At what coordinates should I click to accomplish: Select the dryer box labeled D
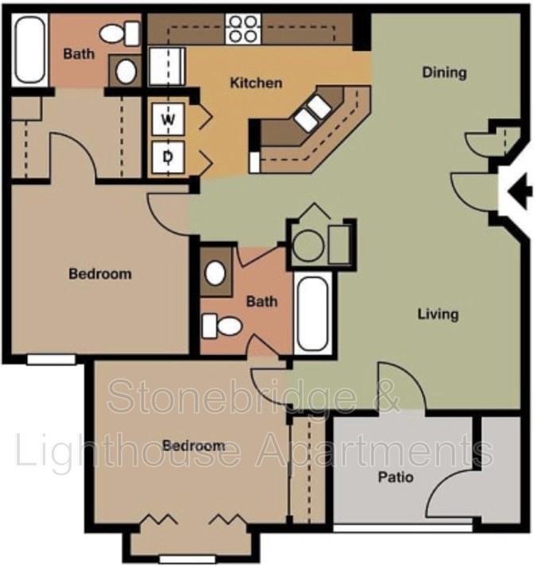[x=168, y=157]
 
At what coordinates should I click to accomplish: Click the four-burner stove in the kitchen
[x=243, y=29]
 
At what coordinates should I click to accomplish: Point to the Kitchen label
[x=256, y=83]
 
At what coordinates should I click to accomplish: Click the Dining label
[x=444, y=72]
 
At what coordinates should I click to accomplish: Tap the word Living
[x=438, y=314]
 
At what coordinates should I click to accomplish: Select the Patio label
[x=394, y=478]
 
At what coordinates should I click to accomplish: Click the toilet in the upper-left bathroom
[x=120, y=33]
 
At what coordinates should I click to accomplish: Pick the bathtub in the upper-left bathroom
[x=29, y=50]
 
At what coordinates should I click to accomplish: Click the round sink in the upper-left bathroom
[x=126, y=71]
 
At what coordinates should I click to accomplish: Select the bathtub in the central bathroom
[x=313, y=314]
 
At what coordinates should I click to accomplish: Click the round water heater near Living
[x=308, y=245]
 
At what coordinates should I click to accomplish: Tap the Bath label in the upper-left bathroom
[x=79, y=54]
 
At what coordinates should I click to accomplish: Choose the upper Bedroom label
[x=100, y=274]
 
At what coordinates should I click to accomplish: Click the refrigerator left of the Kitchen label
[x=167, y=66]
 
